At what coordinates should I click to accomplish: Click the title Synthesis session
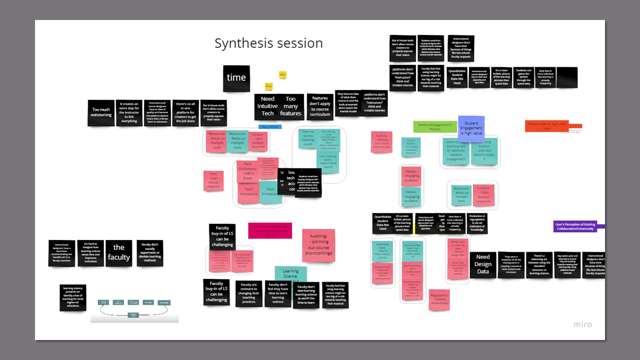tap(268, 43)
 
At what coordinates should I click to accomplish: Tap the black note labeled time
tap(236, 78)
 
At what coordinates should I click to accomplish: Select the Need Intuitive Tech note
tap(268, 107)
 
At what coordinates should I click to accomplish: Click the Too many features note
tap(291, 107)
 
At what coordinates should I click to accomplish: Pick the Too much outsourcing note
tap(101, 113)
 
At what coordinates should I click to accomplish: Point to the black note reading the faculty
tap(119, 253)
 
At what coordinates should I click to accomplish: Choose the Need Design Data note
tap(483, 264)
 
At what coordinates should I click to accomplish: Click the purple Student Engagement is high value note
tap(471, 128)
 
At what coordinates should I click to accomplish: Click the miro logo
tap(582, 324)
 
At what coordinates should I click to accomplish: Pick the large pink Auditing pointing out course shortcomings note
tap(318, 246)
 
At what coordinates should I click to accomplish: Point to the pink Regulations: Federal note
tap(439, 300)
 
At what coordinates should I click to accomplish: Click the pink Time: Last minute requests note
tap(213, 181)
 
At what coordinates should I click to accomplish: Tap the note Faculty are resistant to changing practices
tap(249, 293)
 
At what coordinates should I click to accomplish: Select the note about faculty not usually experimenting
tap(150, 253)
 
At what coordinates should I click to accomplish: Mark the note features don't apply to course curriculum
tap(320, 106)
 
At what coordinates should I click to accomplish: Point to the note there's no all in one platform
tap(186, 113)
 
